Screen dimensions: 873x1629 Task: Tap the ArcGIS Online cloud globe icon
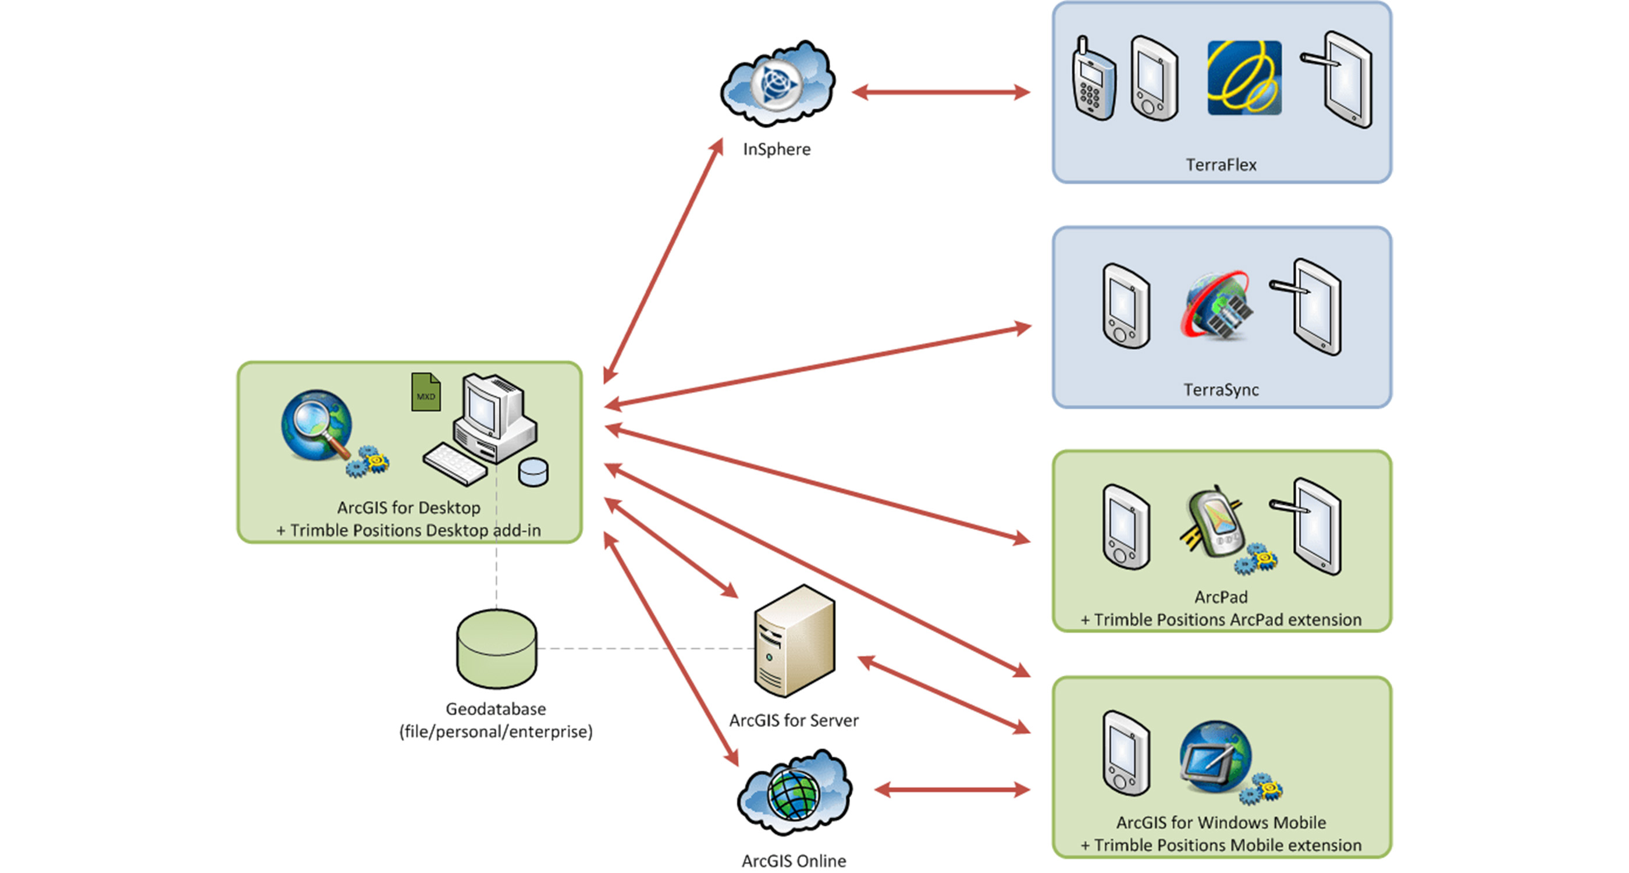pyautogui.click(x=794, y=793)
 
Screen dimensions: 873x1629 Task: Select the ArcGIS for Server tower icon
pyautogui.click(x=795, y=641)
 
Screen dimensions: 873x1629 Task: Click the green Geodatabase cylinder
pyautogui.click(x=496, y=648)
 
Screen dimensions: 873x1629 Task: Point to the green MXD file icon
pyautogui.click(x=426, y=392)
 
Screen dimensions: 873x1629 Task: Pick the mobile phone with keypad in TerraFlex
pyautogui.click(x=1092, y=80)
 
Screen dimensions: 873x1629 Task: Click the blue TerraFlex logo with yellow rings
pyautogui.click(x=1244, y=78)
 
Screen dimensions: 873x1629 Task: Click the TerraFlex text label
pyautogui.click(x=1221, y=165)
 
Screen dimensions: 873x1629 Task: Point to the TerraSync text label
pyautogui.click(x=1221, y=390)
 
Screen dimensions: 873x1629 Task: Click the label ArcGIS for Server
pyautogui.click(x=794, y=721)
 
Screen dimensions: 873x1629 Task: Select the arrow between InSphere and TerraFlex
pyautogui.click(x=941, y=93)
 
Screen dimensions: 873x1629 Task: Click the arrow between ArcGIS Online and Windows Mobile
pyautogui.click(x=952, y=790)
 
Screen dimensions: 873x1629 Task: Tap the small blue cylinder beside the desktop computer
pyautogui.click(x=533, y=472)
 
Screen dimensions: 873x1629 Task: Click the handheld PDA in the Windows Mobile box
pyautogui.click(x=1126, y=753)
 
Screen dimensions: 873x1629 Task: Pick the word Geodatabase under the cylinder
pyautogui.click(x=496, y=709)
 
